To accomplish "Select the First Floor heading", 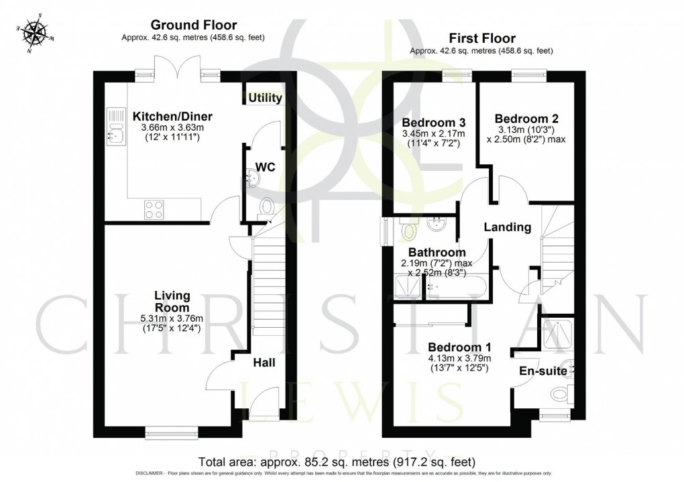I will (481, 38).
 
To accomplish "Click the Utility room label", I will (265, 99).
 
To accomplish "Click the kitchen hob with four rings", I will (154, 208).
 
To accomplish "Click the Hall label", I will (264, 363).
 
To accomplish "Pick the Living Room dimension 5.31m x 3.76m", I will (172, 319).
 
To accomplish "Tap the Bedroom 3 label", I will (424, 123).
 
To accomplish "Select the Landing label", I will (508, 227).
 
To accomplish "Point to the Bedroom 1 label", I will (460, 347).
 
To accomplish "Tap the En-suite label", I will (543, 371).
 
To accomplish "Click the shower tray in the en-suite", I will (558, 335).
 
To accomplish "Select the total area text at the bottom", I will (337, 462).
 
